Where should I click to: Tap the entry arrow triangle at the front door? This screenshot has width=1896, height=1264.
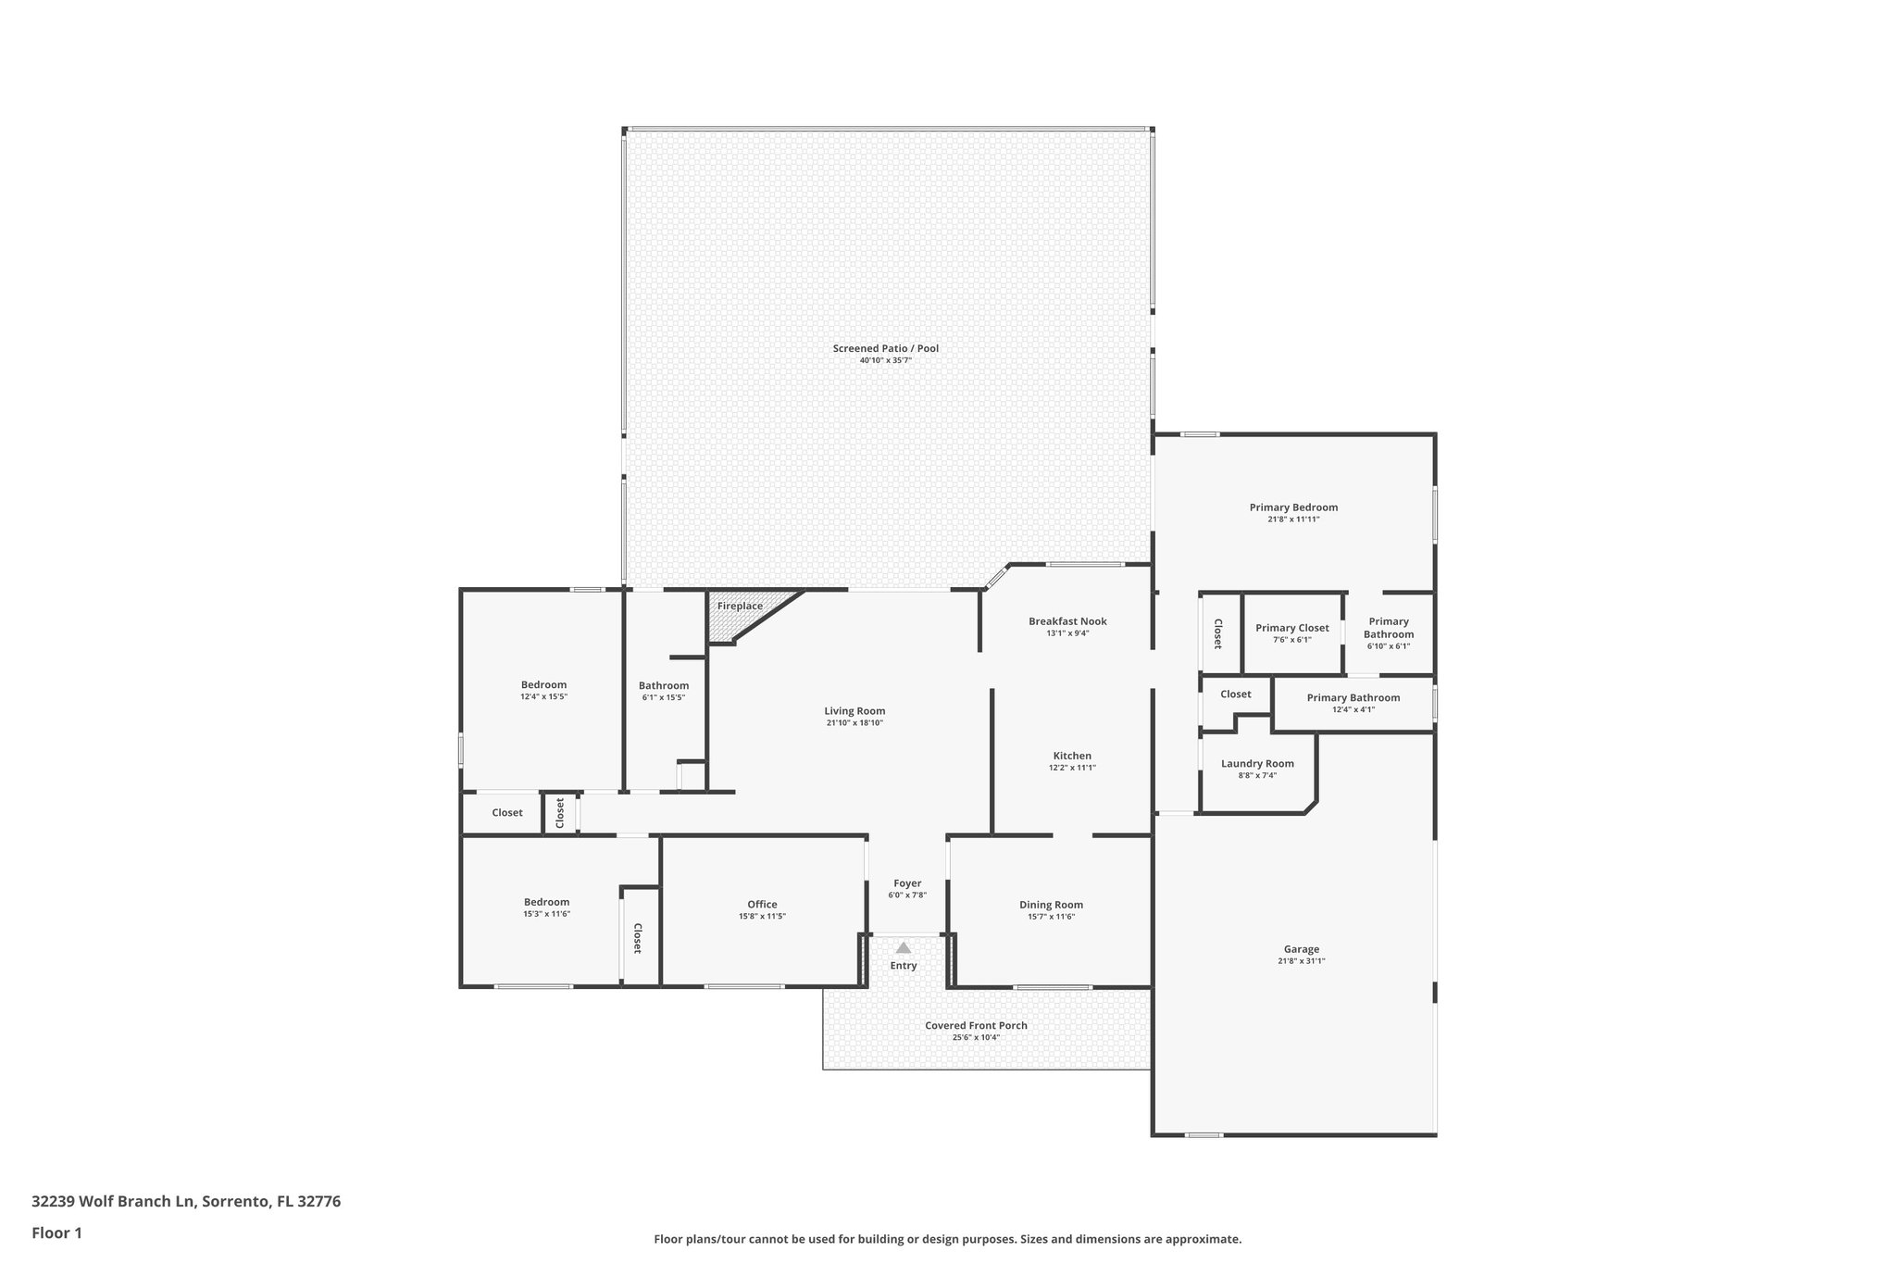[903, 947]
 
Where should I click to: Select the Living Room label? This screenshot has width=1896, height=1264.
[854, 711]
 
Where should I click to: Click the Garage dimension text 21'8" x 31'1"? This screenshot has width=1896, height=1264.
[1301, 961]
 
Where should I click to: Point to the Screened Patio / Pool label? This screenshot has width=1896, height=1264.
[885, 348]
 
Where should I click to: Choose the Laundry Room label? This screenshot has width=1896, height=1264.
[1257, 764]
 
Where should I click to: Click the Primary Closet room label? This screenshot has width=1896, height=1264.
[1291, 628]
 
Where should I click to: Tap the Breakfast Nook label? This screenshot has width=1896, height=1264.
[1067, 621]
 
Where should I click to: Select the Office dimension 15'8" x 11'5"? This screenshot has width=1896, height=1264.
[762, 916]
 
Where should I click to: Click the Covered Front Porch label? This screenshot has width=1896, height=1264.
[976, 1025]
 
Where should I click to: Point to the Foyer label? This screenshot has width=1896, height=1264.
[906, 883]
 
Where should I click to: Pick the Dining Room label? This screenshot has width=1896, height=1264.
[1051, 905]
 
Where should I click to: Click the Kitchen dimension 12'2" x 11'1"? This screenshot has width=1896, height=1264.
[1072, 768]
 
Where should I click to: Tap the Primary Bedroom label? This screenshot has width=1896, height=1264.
[1293, 507]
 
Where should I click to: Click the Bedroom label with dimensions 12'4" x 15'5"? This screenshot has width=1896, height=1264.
[543, 685]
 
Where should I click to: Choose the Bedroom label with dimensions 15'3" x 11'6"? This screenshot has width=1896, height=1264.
[546, 902]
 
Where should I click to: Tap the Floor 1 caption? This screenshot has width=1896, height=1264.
[56, 1233]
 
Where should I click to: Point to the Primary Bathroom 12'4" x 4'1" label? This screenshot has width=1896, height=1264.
[1353, 697]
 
